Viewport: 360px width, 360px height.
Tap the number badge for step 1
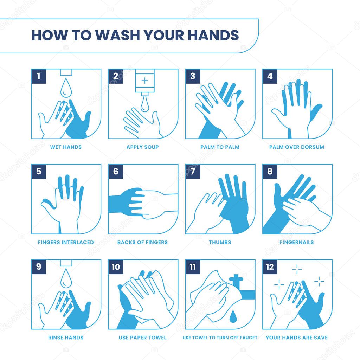pyautogui.click(x=39, y=76)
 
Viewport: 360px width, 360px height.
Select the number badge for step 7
pyautogui.click(x=193, y=171)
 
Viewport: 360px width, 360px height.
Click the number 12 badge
pyautogui.click(x=270, y=267)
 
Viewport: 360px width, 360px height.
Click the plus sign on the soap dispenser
pyautogui.click(x=145, y=81)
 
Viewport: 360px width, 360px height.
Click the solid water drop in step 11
pyautogui.click(x=233, y=315)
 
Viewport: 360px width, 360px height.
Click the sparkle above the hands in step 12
pyautogui.click(x=297, y=269)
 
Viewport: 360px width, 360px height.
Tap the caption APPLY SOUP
pyautogui.click(x=143, y=147)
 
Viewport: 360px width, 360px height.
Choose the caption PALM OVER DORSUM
pyautogui.click(x=297, y=147)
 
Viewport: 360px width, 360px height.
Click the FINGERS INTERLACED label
pyautogui.click(x=66, y=242)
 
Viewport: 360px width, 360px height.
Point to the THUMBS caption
pyautogui.click(x=220, y=242)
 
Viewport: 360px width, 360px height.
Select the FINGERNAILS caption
pyautogui.click(x=297, y=242)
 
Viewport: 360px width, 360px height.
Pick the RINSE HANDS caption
pyautogui.click(x=66, y=337)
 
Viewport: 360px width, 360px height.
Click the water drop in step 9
pyautogui.click(x=66, y=278)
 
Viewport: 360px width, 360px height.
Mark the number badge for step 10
pyautogui.click(x=116, y=267)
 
